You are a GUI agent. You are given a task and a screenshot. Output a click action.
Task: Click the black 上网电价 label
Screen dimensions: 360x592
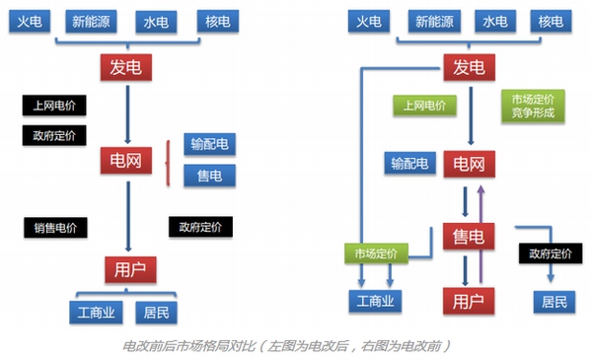coord(54,105)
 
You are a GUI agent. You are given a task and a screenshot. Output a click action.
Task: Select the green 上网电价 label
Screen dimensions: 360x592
coord(424,105)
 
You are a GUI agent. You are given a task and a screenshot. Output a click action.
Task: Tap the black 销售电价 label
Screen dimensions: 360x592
coord(55,227)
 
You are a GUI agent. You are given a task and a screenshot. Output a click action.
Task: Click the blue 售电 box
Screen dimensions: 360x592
coord(209,176)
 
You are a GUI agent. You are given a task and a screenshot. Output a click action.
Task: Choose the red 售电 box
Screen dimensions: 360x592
coord(468,237)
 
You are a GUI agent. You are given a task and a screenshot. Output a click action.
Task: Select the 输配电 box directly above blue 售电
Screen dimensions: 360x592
coord(209,145)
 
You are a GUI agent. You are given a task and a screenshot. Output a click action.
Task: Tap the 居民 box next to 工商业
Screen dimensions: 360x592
coord(155,314)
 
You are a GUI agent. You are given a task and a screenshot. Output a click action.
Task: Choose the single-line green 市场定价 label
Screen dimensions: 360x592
coord(375,253)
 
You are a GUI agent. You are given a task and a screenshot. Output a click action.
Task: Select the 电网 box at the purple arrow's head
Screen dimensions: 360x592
coord(468,163)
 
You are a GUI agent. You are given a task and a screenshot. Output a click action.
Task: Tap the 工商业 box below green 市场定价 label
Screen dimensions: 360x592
coord(375,300)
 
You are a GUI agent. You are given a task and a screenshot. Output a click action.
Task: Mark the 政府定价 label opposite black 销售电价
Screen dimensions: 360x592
coord(201,227)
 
